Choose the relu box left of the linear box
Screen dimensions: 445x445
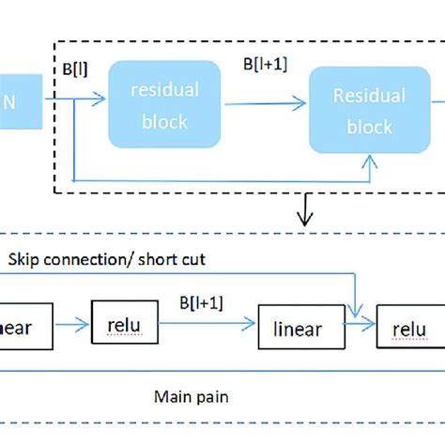coord(124,324)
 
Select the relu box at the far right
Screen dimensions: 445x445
coord(409,329)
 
